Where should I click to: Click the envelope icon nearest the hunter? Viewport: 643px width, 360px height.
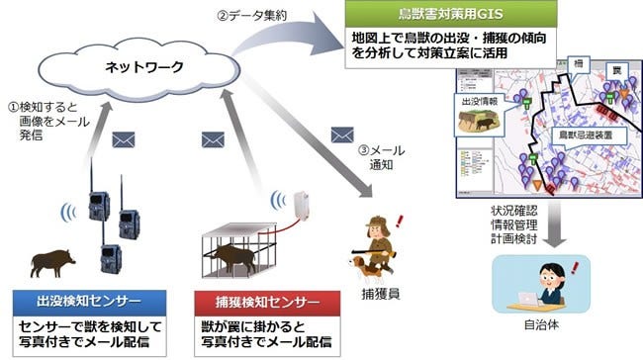[343, 133]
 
